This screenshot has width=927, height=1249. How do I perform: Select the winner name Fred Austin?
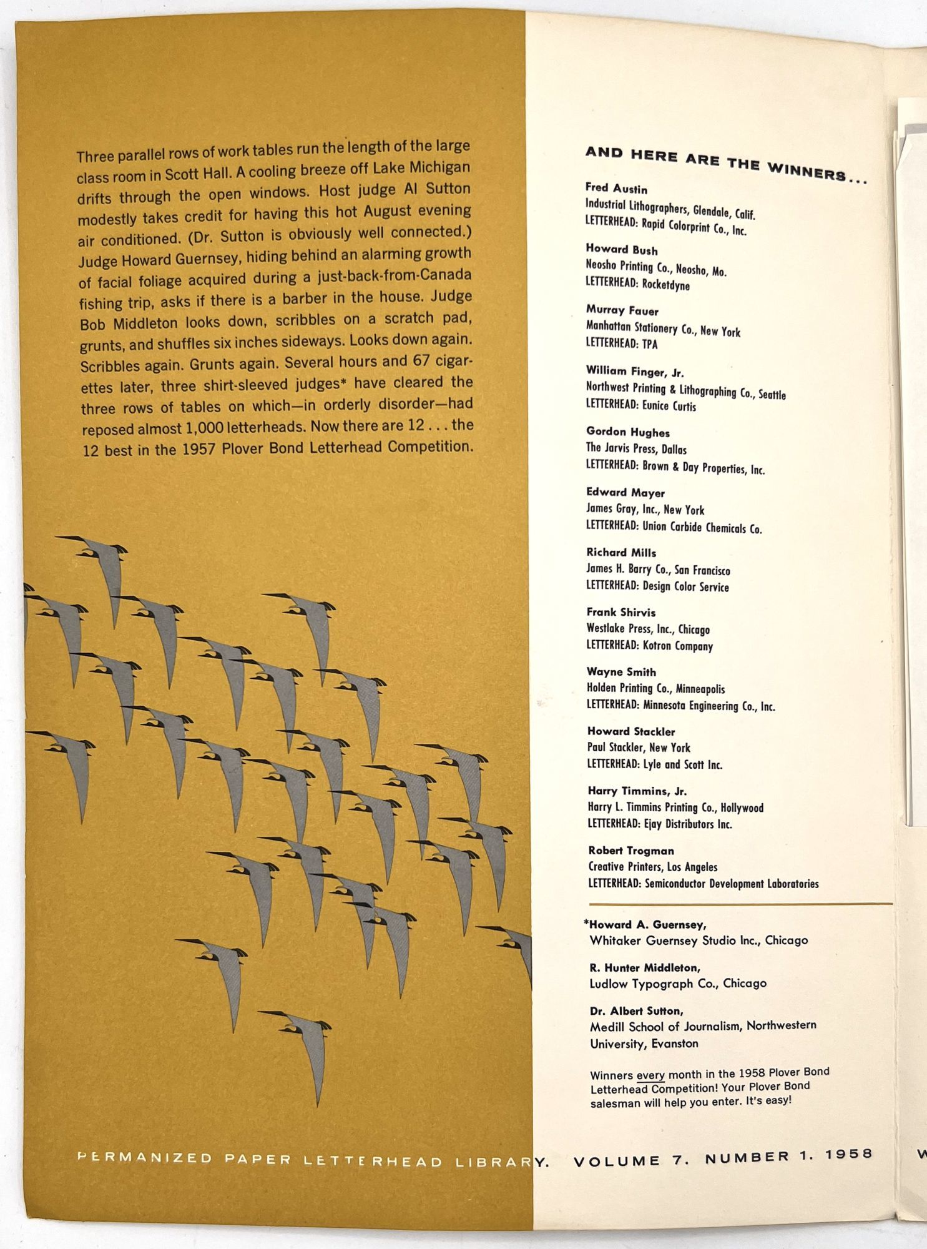[x=616, y=189]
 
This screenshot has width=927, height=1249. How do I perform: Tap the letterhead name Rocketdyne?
[x=665, y=285]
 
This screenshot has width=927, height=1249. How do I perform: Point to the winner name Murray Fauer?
[x=622, y=310]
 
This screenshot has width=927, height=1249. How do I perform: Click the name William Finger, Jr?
[x=634, y=372]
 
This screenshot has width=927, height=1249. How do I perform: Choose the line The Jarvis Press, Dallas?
[x=635, y=448]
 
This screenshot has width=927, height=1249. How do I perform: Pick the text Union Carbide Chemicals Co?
[x=702, y=528]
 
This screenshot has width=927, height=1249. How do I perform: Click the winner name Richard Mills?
[x=620, y=552]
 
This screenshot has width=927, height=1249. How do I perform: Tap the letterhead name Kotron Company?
[x=677, y=646]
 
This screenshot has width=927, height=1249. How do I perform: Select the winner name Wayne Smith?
[x=620, y=672]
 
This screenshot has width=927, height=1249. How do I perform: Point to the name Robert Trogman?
[x=630, y=851]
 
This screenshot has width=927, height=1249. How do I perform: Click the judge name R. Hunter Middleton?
[x=644, y=968]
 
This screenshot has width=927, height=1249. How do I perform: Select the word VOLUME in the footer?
[x=616, y=1162]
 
